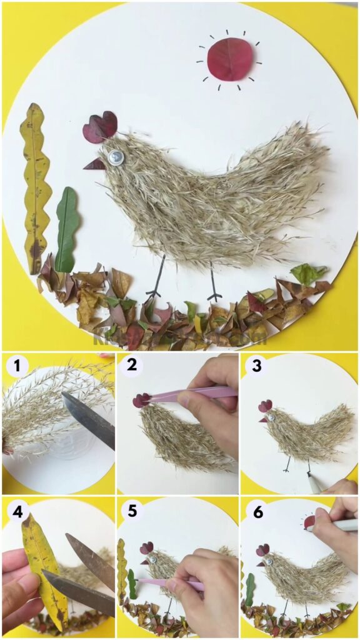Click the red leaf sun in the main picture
pos(229,59)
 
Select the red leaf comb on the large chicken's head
pos(100,127)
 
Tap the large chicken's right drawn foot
pos(214,294)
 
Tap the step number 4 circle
pos(17,512)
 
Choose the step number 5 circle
pos(132,512)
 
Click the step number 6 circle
pos(256,512)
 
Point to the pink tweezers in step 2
pos(187,394)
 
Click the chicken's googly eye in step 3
pos(271,415)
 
